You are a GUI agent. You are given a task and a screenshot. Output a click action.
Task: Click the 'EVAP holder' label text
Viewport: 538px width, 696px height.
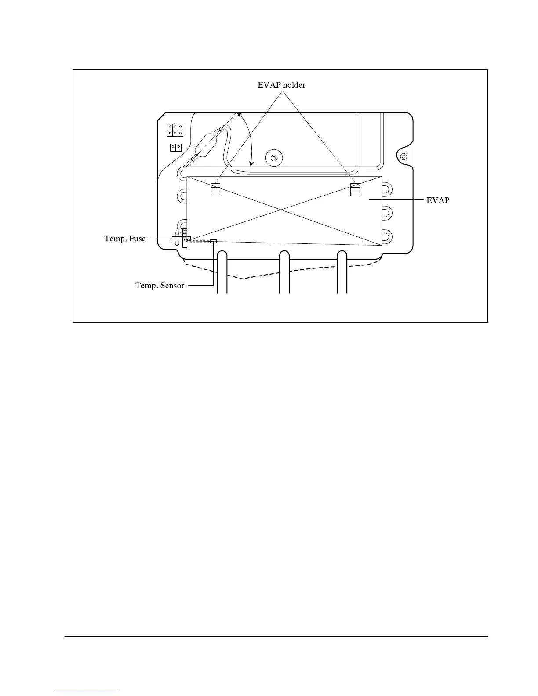click(x=281, y=85)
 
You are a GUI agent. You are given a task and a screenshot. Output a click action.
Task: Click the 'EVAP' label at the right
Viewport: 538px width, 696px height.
click(x=438, y=200)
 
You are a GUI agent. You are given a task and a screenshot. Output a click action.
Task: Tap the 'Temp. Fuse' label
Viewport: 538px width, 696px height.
click(x=125, y=239)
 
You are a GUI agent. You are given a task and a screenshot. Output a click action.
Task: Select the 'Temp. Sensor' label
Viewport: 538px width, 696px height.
click(x=160, y=286)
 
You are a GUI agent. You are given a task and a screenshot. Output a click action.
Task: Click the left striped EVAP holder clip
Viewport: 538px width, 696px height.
click(x=215, y=189)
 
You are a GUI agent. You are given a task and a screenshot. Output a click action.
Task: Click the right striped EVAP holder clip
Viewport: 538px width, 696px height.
click(x=355, y=189)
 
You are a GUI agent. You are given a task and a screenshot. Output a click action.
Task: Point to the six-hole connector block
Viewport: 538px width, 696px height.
click(x=174, y=130)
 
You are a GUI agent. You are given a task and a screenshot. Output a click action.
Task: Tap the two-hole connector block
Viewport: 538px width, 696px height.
click(x=175, y=147)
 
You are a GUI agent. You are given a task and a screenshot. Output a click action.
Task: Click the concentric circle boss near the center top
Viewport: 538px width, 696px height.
click(x=274, y=158)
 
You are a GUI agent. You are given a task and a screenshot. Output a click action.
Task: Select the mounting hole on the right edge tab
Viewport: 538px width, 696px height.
click(x=404, y=156)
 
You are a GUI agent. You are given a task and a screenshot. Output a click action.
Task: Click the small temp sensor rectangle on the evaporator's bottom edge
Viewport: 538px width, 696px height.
click(x=214, y=241)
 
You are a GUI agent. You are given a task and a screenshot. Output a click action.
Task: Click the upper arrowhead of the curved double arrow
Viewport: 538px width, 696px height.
click(x=239, y=115)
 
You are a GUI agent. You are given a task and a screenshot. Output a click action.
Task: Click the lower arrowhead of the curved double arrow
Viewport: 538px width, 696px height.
click(x=251, y=164)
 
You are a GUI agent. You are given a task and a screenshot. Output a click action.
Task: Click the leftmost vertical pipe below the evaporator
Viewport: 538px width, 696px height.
click(x=222, y=272)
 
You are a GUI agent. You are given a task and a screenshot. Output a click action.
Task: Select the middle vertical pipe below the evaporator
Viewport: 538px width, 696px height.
click(x=284, y=272)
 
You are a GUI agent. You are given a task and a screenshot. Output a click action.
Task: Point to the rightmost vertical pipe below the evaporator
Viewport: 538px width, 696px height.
click(x=342, y=272)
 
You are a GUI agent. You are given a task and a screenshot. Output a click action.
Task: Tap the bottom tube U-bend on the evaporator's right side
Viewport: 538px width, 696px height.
click(x=385, y=237)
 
